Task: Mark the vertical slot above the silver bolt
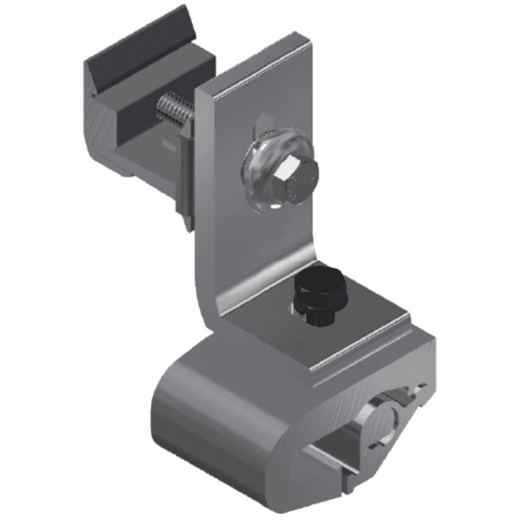click(x=261, y=121)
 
